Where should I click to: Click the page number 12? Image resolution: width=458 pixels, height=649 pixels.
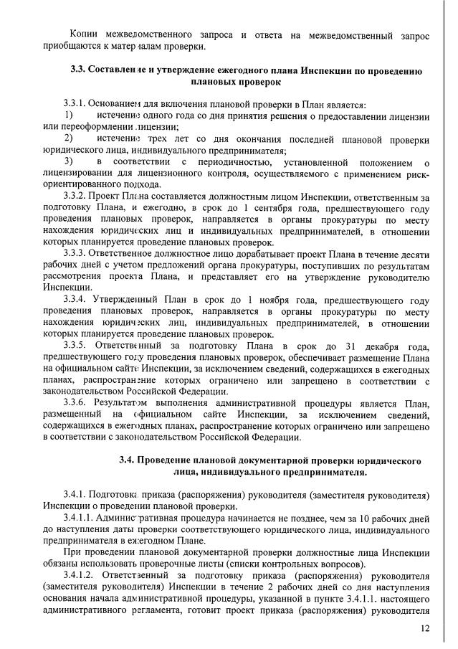pyautogui.click(x=425, y=628)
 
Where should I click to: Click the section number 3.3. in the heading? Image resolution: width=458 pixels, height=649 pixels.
pyautogui.click(x=80, y=71)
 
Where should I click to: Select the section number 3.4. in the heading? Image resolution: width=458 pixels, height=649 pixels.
pyautogui.click(x=128, y=460)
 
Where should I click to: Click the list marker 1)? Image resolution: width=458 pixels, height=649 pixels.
pyautogui.click(x=68, y=116)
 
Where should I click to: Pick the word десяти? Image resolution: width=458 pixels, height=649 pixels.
pyautogui.click(x=415, y=254)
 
